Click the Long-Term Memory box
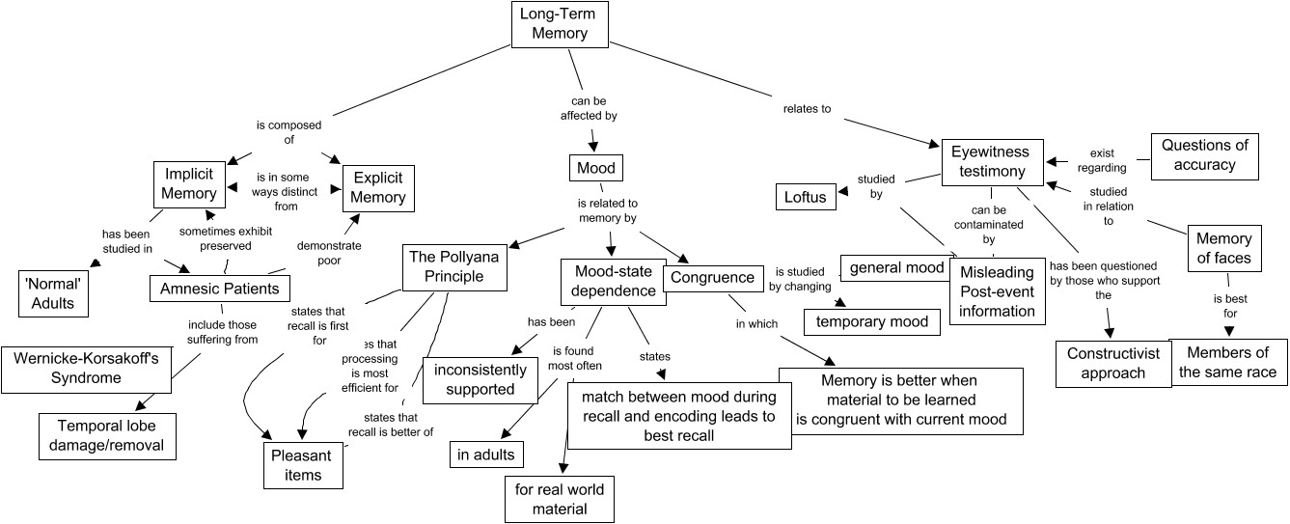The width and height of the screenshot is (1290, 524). click(560, 23)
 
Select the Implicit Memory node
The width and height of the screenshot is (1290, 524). click(189, 183)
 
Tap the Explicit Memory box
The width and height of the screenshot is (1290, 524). click(378, 187)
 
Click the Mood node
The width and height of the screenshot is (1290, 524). click(596, 169)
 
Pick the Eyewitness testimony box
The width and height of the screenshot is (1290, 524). click(990, 161)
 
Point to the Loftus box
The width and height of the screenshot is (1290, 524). click(806, 197)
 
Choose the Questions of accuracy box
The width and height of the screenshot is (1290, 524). click(1205, 155)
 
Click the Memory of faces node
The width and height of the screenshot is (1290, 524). click(1223, 248)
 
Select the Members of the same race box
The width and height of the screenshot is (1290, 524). click(1227, 362)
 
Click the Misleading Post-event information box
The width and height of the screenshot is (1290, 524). click(997, 291)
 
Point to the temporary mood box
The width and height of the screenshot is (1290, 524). click(872, 321)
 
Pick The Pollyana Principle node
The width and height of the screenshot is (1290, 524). click(456, 266)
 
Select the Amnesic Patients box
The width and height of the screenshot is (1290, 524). click(221, 288)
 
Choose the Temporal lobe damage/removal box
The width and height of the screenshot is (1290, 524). click(108, 434)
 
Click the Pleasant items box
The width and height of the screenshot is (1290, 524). click(304, 465)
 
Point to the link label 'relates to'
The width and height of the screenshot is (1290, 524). click(807, 109)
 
